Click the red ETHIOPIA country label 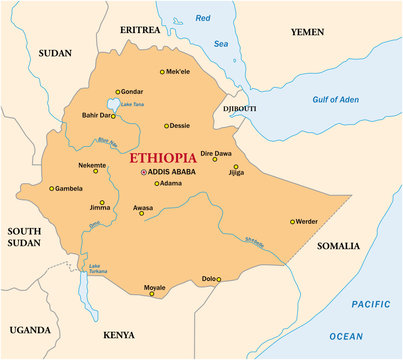tap(173, 157)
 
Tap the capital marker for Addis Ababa tap(143, 172)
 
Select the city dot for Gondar tap(117, 91)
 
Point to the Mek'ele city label tap(178, 72)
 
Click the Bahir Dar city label tap(97, 116)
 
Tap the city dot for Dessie tap(166, 126)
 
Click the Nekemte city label tap(92, 163)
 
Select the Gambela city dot tap(52, 188)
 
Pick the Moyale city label tap(154, 287)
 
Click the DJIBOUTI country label tap(239, 108)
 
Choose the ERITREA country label tap(139, 31)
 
